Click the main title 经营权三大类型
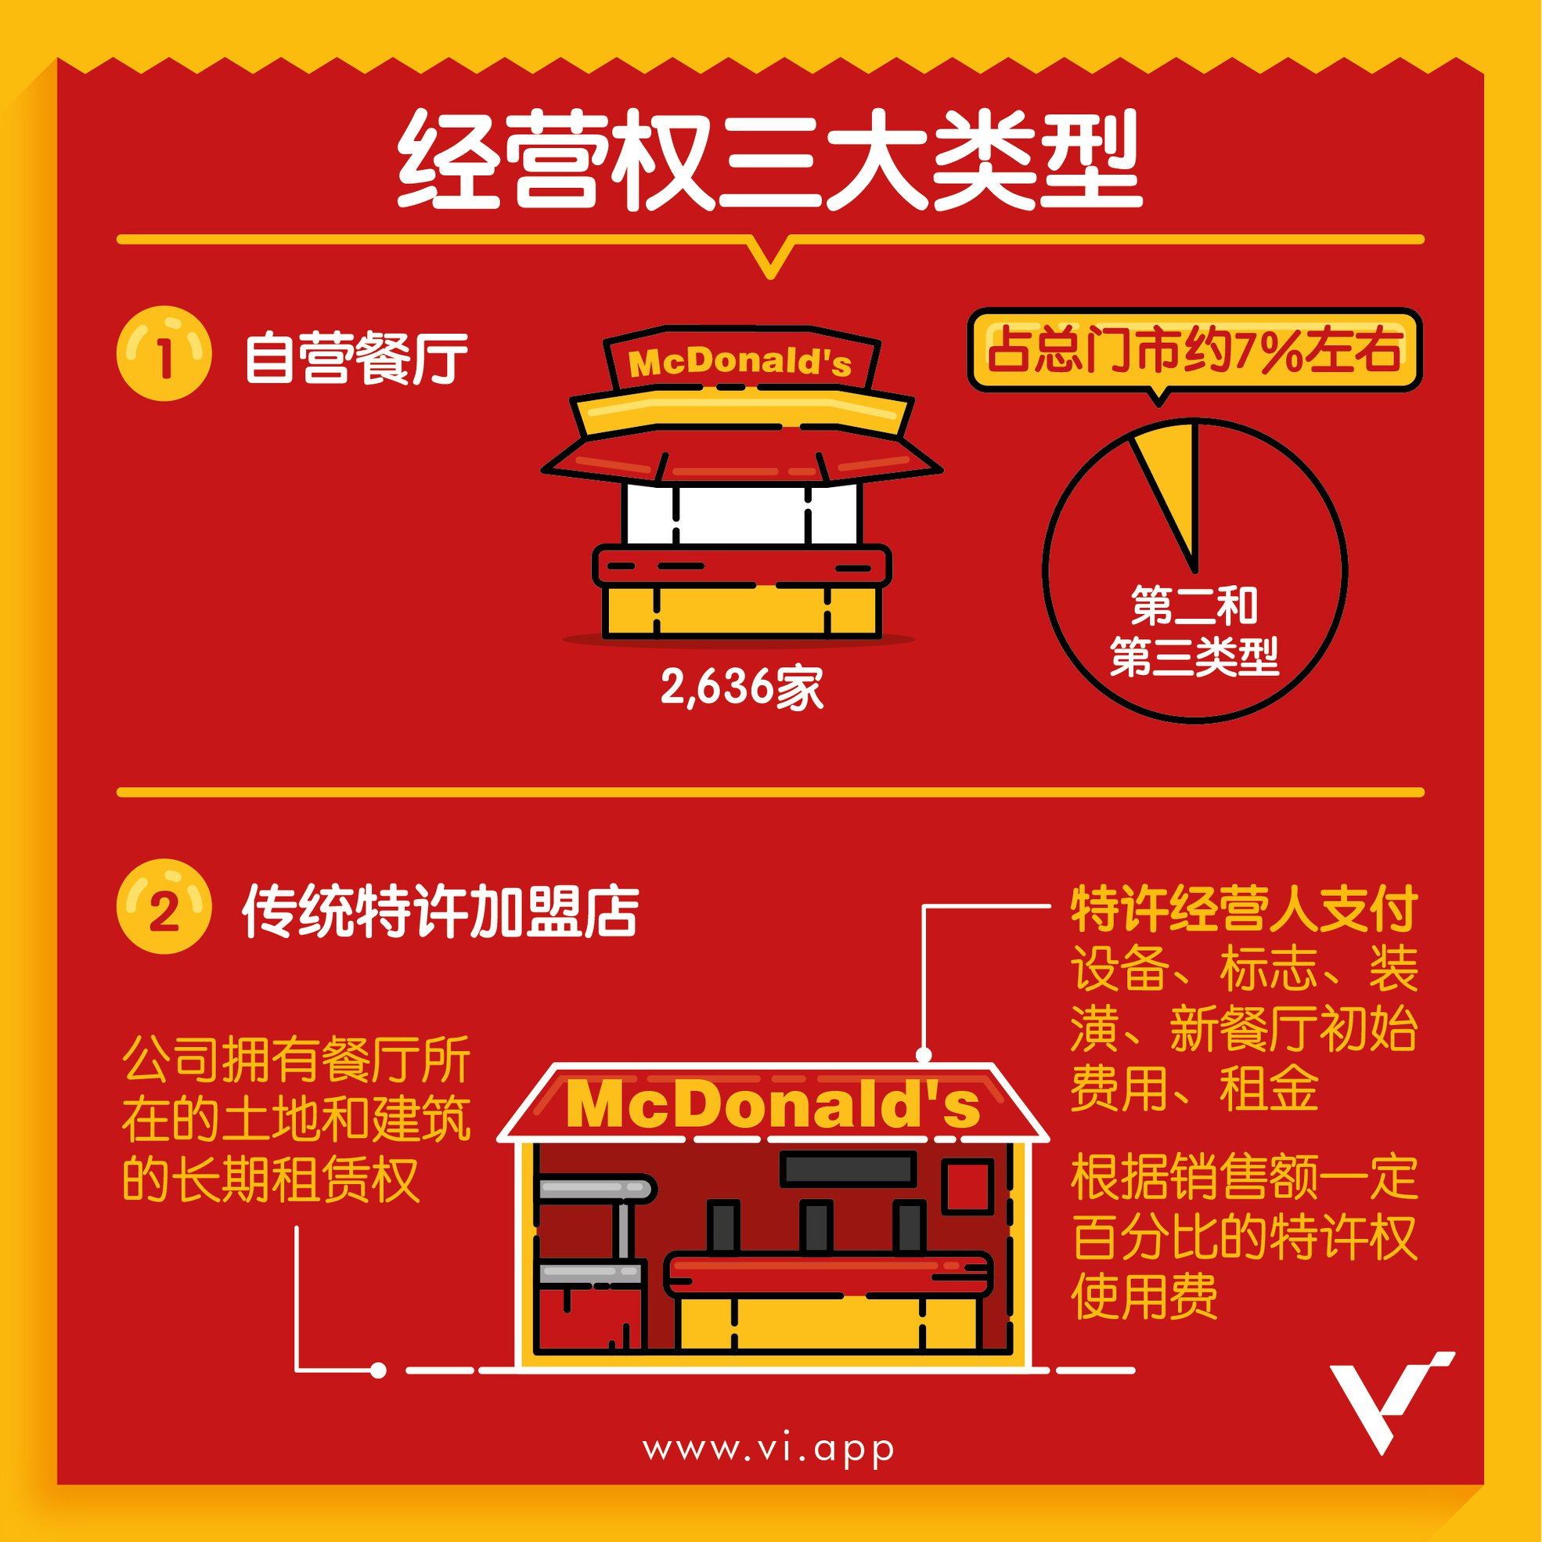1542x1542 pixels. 770,160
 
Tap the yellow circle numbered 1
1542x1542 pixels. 164,354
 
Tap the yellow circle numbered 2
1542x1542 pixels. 164,907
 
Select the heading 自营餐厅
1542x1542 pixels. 356,357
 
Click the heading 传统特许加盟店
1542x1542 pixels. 441,911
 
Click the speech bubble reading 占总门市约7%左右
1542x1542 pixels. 1194,352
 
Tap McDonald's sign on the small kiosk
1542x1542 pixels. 740,363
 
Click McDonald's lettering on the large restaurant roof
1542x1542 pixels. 773,1105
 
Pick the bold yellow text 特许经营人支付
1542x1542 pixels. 1244,908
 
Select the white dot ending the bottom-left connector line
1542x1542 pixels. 378,1370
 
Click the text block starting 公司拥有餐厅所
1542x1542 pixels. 296,1121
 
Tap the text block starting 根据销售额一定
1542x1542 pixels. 1244,1236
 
